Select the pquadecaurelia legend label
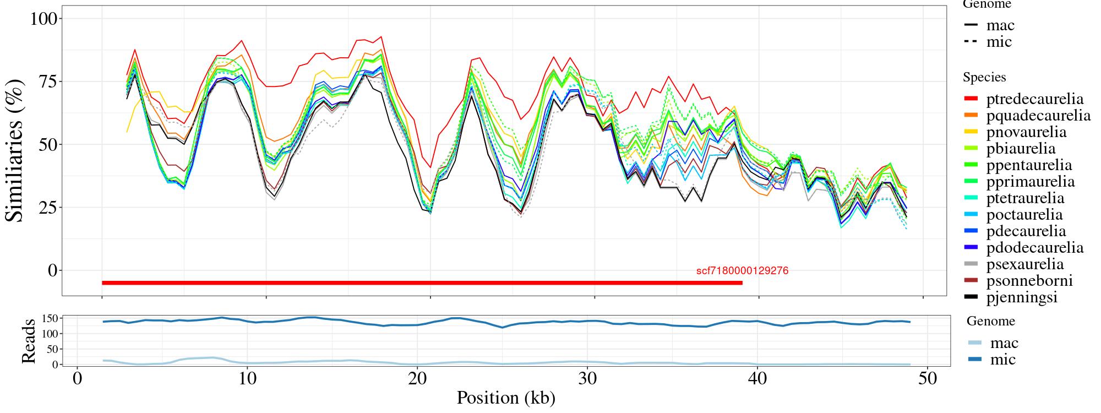[1038, 116]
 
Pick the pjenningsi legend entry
[1022, 297]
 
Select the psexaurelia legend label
[1024, 264]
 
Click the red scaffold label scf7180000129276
[742, 271]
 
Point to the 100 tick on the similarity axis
[43, 19]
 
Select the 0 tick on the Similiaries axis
[52, 270]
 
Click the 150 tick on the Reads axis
[51, 318]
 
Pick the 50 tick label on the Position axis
[928, 380]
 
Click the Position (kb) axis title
[506, 398]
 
